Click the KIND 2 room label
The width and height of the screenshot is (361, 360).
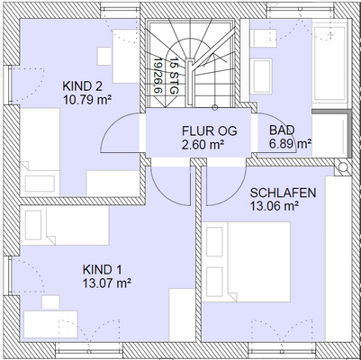pos(83,86)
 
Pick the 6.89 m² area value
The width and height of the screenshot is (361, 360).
pos(291,143)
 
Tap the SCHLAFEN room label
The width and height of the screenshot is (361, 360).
pos(282,193)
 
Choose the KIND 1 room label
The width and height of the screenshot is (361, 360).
pos(102,270)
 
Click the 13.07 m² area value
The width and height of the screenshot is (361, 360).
pos(106,283)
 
